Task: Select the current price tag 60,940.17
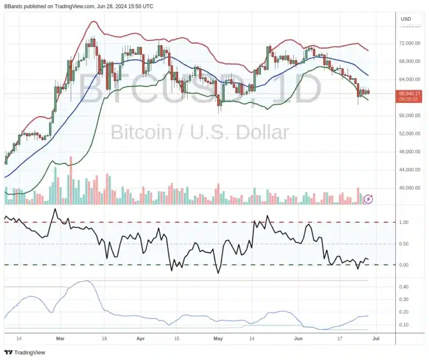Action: click(410, 93)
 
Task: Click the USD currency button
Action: click(407, 19)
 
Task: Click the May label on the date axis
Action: click(218, 338)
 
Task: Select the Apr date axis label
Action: click(141, 338)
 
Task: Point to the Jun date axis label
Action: click(297, 338)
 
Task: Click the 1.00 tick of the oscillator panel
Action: click(404, 222)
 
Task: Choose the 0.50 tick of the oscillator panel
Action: click(404, 244)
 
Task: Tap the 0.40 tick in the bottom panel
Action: click(404, 287)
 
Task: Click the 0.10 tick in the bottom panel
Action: click(404, 325)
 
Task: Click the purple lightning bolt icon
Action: click(369, 199)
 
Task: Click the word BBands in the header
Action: click(15, 6)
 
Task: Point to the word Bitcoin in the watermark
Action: click(141, 133)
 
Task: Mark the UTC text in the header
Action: click(146, 6)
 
